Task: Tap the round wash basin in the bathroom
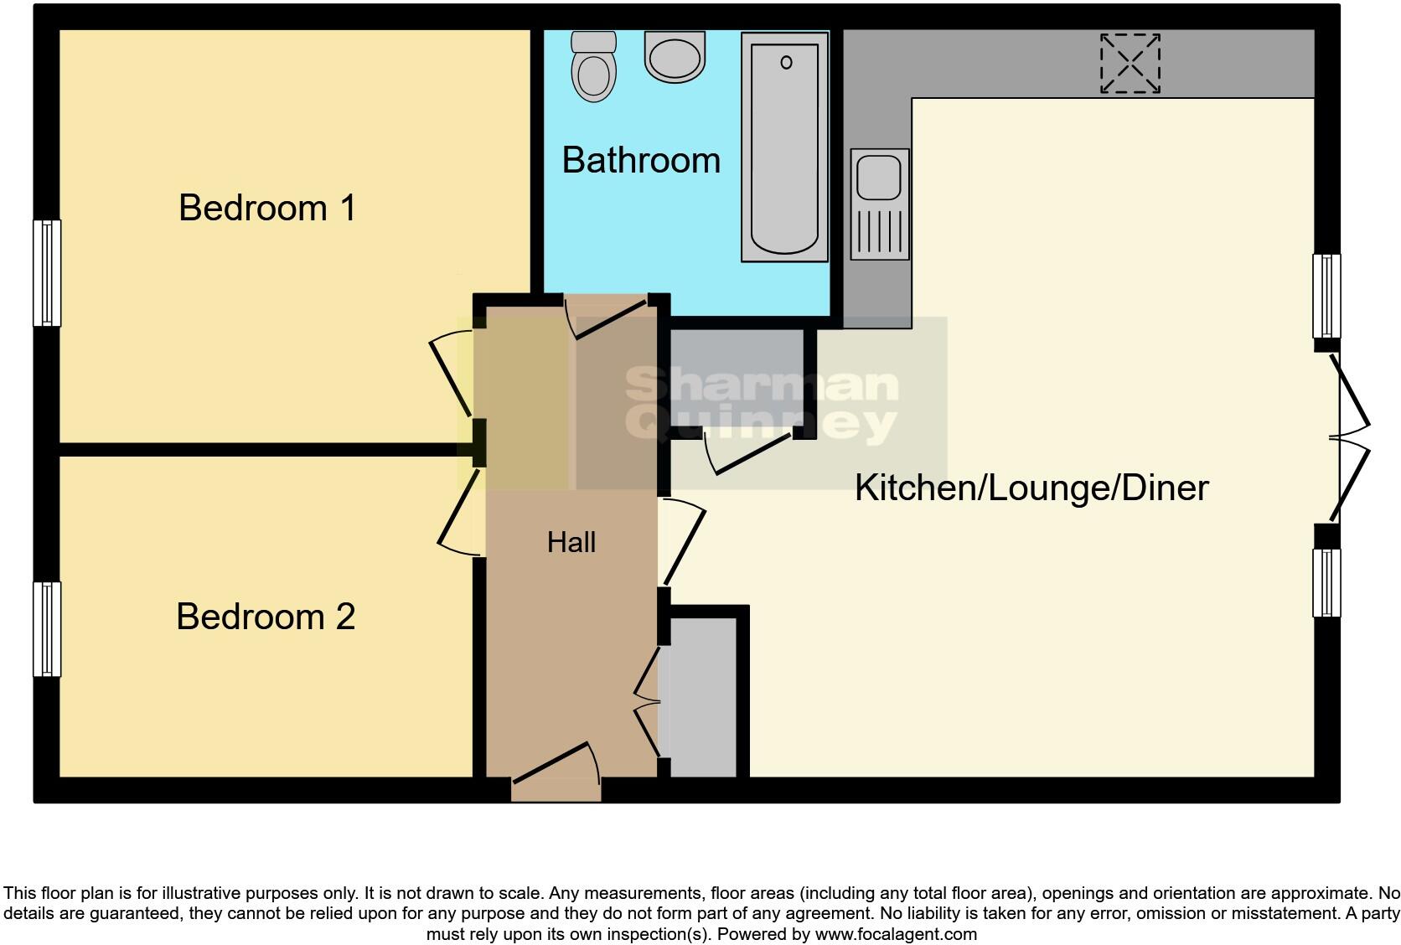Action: pos(675,56)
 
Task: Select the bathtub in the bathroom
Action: pos(785,147)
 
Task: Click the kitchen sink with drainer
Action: pos(880,204)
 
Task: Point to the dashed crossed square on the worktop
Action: pos(1130,63)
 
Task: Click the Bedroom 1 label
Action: pos(267,208)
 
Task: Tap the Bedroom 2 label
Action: pos(266,617)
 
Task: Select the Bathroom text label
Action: pos(641,160)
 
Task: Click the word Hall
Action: pos(571,542)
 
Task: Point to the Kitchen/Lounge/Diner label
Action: pos(1031,488)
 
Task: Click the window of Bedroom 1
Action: pos(47,272)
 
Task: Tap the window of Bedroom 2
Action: pos(47,628)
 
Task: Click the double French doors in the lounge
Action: pos(1349,436)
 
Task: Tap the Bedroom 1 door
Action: pos(452,373)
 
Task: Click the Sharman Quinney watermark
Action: pos(761,405)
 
